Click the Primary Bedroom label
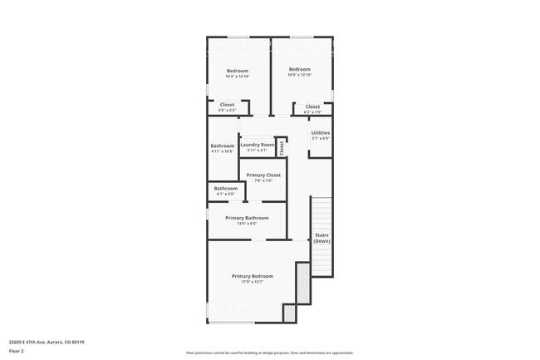252,276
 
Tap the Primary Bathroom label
247,218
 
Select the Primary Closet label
263,175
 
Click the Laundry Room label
257,145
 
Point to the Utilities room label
320,132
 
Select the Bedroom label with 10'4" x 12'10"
238,71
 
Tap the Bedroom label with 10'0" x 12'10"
299,69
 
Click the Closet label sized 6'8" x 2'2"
227,105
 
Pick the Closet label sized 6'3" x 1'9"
312,106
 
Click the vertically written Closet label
282,148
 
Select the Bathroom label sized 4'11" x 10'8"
222,145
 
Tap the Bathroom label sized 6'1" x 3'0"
226,188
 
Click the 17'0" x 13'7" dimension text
252,282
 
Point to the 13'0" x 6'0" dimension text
247,223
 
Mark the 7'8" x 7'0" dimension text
263,180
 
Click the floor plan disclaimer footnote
269,353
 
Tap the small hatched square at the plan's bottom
289,313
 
